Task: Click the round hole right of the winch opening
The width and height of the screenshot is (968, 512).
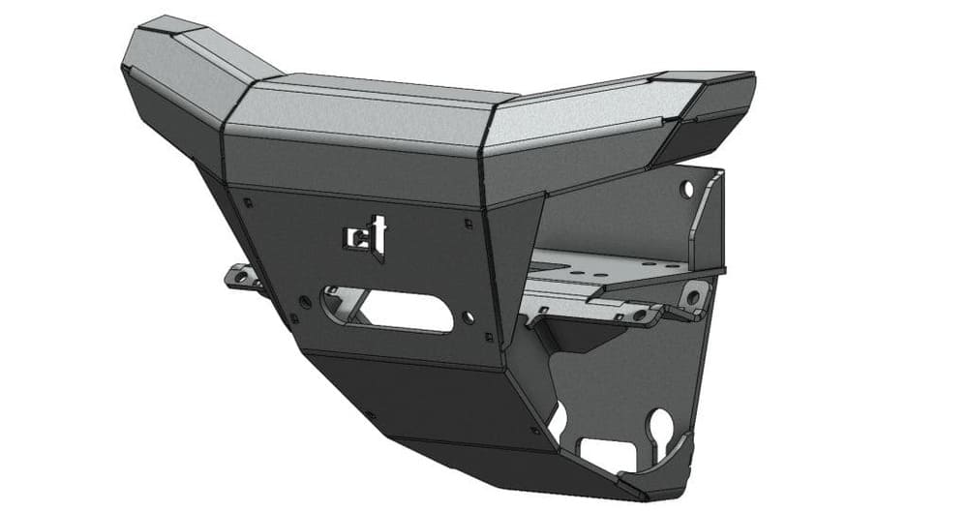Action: click(469, 316)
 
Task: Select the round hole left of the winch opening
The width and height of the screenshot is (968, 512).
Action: click(306, 302)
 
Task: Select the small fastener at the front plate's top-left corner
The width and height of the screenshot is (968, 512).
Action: click(249, 202)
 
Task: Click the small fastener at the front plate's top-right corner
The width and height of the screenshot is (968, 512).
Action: click(469, 223)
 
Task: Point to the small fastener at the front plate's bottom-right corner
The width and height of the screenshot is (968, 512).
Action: click(490, 338)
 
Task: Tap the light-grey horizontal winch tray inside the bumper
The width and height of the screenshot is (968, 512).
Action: click(620, 271)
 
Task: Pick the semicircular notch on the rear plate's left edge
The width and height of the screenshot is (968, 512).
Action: click(558, 418)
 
